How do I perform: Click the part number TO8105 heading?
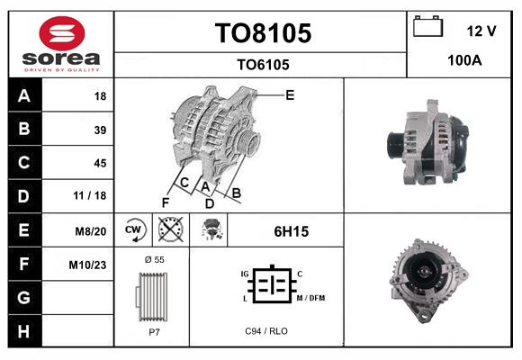coord(263,33)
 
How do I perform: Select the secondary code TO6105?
coord(263,64)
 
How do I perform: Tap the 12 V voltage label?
coord(481,31)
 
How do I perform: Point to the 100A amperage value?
coord(465,60)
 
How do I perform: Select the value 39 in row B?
coord(100,130)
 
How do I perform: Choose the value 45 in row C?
coord(100,163)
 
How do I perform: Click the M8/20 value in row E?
coord(92,231)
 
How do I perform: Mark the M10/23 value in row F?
coord(89,265)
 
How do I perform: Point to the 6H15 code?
coord(292,231)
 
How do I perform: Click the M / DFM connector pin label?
coord(310,298)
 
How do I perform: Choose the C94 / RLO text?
coord(266,331)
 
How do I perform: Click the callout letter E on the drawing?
coord(290,94)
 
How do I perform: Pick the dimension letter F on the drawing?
coord(166,201)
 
